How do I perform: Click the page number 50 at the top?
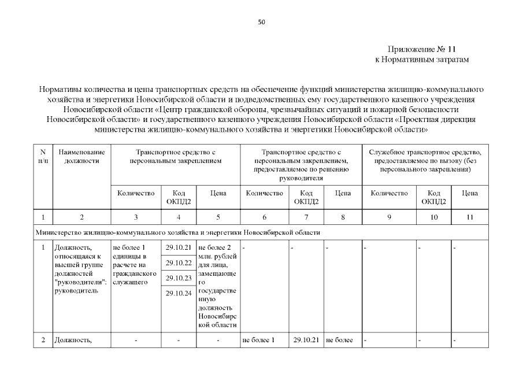pyautogui.click(x=261, y=22)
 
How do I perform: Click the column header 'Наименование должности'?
pyautogui.click(x=81, y=156)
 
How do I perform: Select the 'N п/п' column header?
pyautogui.click(x=43, y=156)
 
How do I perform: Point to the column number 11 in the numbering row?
pyautogui.click(x=469, y=217)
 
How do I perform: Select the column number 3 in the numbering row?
pyautogui.click(x=136, y=217)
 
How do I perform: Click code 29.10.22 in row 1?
pyautogui.click(x=178, y=263)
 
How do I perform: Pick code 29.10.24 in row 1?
pyautogui.click(x=178, y=293)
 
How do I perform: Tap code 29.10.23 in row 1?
pyautogui.click(x=178, y=278)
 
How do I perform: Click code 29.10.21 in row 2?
pyautogui.click(x=306, y=340)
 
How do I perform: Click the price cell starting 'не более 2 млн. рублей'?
pyautogui.click(x=217, y=286)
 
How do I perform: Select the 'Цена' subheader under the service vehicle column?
pyautogui.click(x=469, y=194)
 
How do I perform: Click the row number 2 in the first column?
pyautogui.click(x=43, y=340)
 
